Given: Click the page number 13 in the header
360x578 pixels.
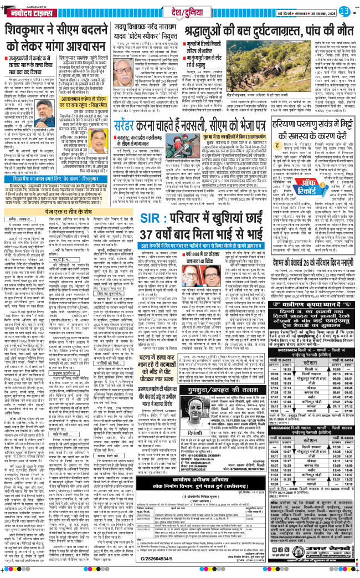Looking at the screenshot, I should click(x=344, y=11).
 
